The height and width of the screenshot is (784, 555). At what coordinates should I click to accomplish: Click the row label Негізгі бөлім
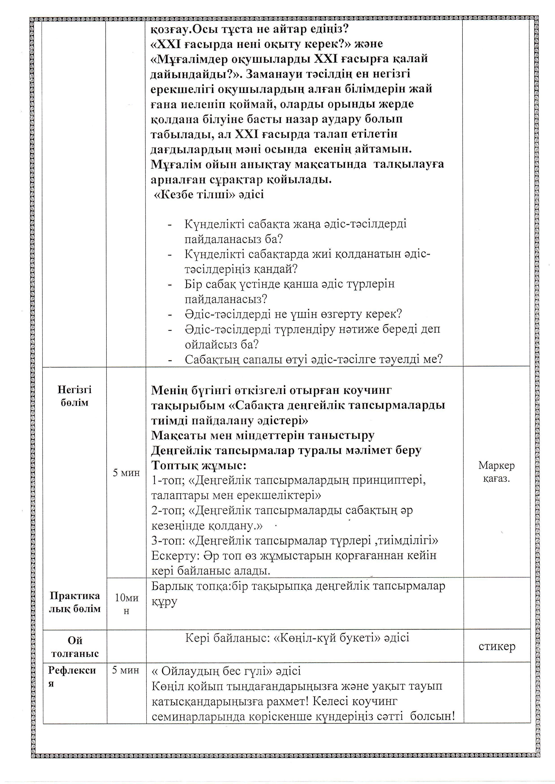click(75, 396)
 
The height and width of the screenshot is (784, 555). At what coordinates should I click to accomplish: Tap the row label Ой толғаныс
click(75, 647)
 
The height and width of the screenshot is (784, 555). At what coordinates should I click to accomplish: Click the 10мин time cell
click(126, 604)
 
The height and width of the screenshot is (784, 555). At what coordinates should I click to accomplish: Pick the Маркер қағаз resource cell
click(496, 472)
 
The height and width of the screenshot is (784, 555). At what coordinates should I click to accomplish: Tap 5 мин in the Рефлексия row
click(126, 670)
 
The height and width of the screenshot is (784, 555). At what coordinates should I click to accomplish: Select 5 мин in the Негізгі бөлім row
click(126, 473)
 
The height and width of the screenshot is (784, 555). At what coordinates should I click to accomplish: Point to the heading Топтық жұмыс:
click(199, 465)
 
